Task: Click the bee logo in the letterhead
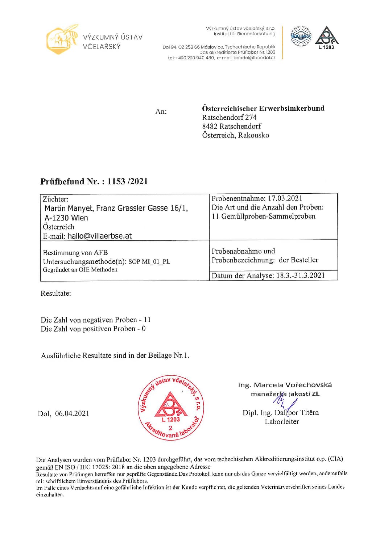coord(62,39)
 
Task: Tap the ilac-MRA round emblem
coord(301,36)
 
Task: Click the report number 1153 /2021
coord(127,181)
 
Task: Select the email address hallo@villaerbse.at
coord(100,236)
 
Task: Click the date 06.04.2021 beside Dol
coord(72,413)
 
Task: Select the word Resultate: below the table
coord(56,293)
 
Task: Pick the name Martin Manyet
coord(69,208)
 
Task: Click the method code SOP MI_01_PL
coord(149,261)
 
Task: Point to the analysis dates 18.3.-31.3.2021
coord(301,275)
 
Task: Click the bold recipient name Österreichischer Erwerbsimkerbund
coord(263,108)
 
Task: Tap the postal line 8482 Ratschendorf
coord(232,126)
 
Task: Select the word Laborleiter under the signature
coord(282,421)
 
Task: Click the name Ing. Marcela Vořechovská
coord(285,385)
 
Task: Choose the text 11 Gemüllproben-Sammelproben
coord(264,216)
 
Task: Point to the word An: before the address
coord(161,111)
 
